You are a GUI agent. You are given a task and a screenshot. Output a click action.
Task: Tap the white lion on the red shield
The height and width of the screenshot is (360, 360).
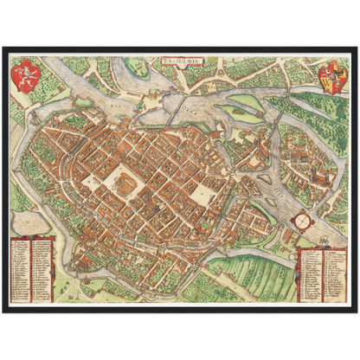(26, 74)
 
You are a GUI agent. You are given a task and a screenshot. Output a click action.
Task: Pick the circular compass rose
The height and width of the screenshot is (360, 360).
(301, 220)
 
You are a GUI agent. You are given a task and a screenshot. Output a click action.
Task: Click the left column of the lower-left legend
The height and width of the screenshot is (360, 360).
(21, 269)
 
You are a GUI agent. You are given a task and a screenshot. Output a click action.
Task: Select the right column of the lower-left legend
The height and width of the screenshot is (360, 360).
(42, 269)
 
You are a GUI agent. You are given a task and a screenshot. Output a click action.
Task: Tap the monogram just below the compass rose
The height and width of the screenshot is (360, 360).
(301, 238)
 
